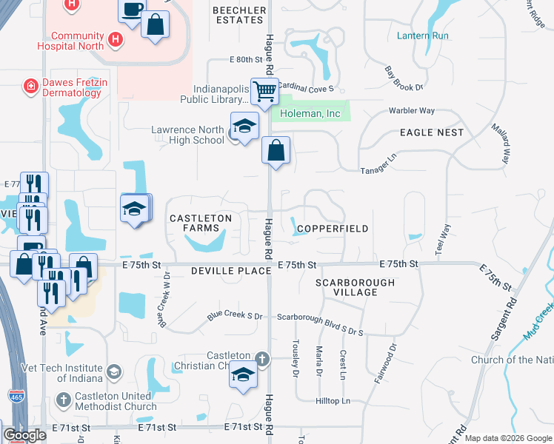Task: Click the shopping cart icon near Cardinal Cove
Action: (x=264, y=92)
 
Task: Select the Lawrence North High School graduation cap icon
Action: (x=243, y=127)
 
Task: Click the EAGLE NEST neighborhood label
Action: (x=431, y=132)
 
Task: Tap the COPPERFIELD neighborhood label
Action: (x=333, y=229)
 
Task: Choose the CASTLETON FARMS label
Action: (x=201, y=223)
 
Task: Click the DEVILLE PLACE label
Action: (x=221, y=272)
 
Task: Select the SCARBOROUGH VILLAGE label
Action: (x=355, y=287)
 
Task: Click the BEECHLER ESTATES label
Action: (x=239, y=16)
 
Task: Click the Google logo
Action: (x=24, y=435)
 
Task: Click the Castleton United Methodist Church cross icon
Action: (x=64, y=400)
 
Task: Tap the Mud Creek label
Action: (x=538, y=322)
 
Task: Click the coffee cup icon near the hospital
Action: (x=132, y=10)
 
